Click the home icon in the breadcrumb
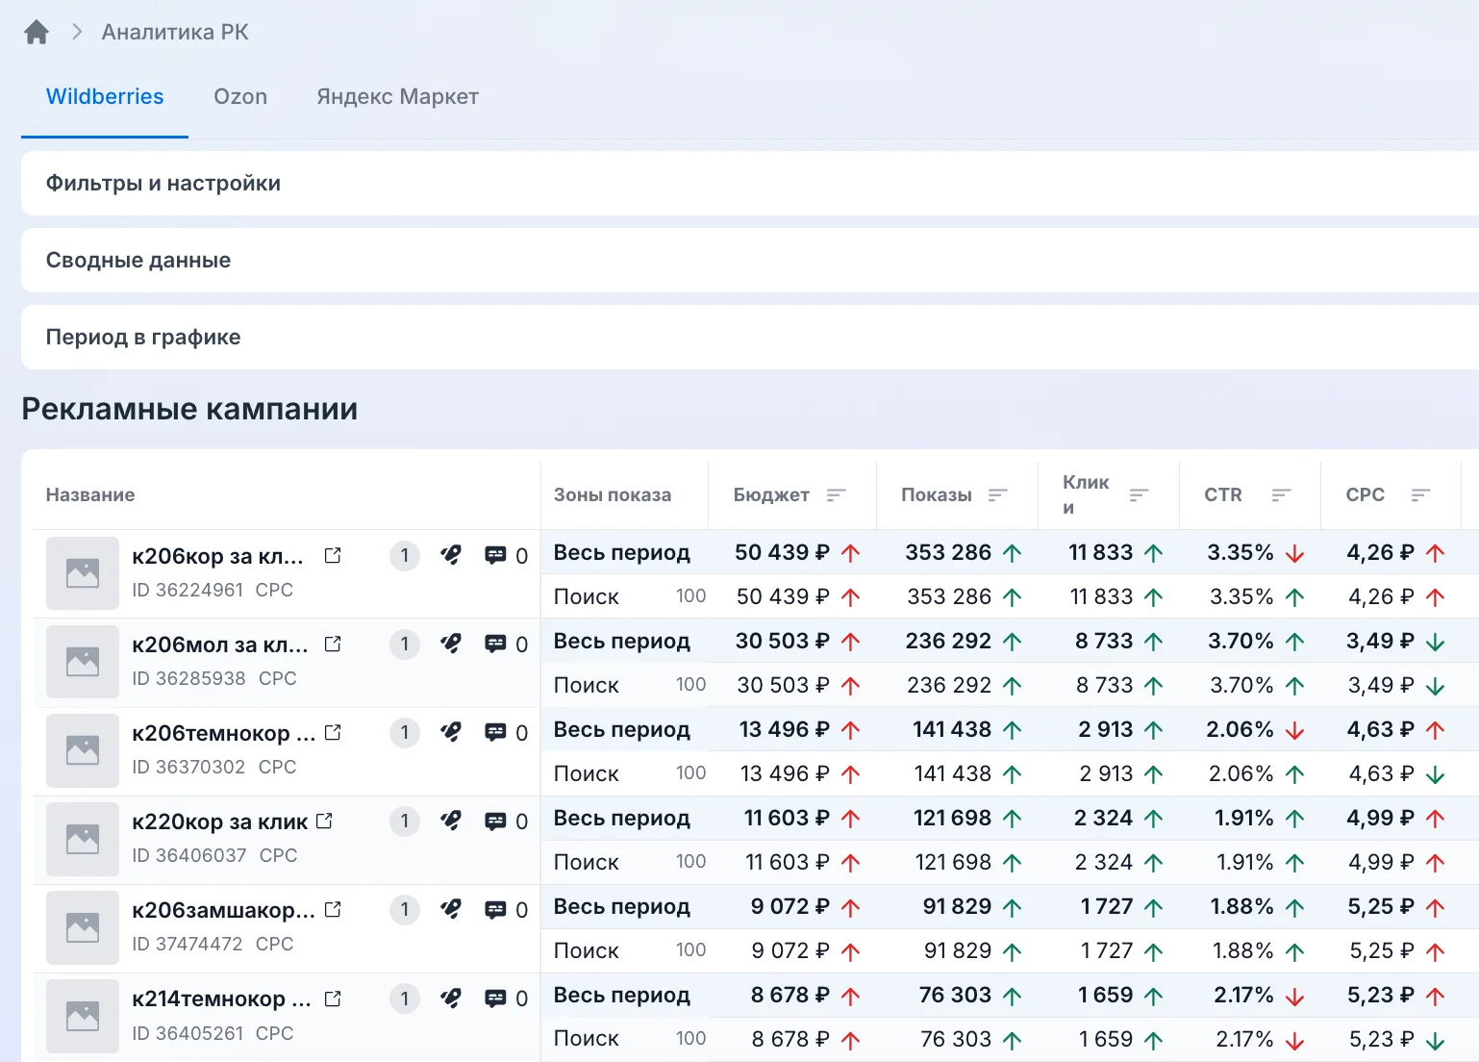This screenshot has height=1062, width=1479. (x=37, y=32)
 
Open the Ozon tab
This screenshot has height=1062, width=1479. (x=240, y=96)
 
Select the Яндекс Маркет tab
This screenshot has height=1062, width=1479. (x=397, y=96)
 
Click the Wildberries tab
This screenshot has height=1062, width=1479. (x=104, y=96)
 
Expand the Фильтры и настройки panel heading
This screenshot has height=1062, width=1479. (x=163, y=183)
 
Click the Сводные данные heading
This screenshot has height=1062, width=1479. (x=138, y=261)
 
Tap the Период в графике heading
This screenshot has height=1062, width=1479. (x=142, y=337)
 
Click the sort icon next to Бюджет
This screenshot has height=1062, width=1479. (x=836, y=494)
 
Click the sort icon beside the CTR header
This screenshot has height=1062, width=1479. (x=1281, y=494)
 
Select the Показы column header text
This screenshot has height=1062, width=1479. (x=937, y=494)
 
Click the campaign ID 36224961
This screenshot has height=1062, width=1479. (x=188, y=590)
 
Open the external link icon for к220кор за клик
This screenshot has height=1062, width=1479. (x=324, y=821)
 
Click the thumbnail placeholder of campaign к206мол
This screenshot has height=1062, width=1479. (x=83, y=661)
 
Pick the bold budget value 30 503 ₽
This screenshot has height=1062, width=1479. (x=783, y=641)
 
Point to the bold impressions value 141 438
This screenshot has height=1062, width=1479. (x=951, y=729)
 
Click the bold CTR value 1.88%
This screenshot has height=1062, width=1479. (x=1241, y=906)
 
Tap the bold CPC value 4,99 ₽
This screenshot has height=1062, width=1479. (x=1381, y=818)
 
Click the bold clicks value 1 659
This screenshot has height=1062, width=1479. (x=1105, y=995)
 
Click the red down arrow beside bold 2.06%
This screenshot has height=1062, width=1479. (x=1294, y=730)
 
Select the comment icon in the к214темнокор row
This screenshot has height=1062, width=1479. (x=495, y=998)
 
